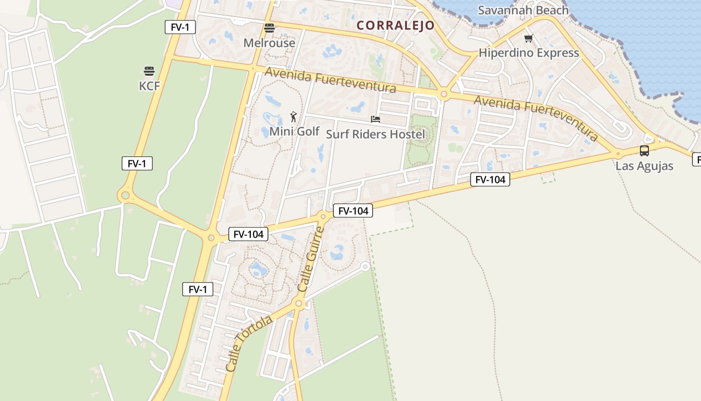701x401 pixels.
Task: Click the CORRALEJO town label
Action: (396, 25)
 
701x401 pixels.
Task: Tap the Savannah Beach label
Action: (523, 10)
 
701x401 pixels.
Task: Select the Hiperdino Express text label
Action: (529, 53)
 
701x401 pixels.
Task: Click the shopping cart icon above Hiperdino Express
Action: (528, 39)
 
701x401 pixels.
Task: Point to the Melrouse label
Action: (269, 43)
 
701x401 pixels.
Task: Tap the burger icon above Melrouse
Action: (269, 28)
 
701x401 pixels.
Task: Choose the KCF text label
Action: (149, 86)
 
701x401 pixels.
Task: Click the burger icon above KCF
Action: (149, 71)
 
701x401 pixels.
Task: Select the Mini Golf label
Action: (294, 131)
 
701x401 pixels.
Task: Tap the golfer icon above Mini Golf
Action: (293, 117)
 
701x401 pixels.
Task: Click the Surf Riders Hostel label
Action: (375, 134)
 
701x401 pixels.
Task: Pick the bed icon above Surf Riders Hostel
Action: (376, 119)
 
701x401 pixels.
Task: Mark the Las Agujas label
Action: (644, 166)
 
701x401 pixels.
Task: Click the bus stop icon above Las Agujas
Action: (644, 150)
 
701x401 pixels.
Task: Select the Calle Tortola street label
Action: (249, 343)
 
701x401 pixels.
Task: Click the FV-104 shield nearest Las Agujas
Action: (490, 179)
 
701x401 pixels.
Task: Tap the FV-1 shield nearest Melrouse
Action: (180, 27)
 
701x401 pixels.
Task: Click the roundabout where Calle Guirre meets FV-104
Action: (323, 217)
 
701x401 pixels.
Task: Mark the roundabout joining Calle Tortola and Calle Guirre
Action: (299, 303)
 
